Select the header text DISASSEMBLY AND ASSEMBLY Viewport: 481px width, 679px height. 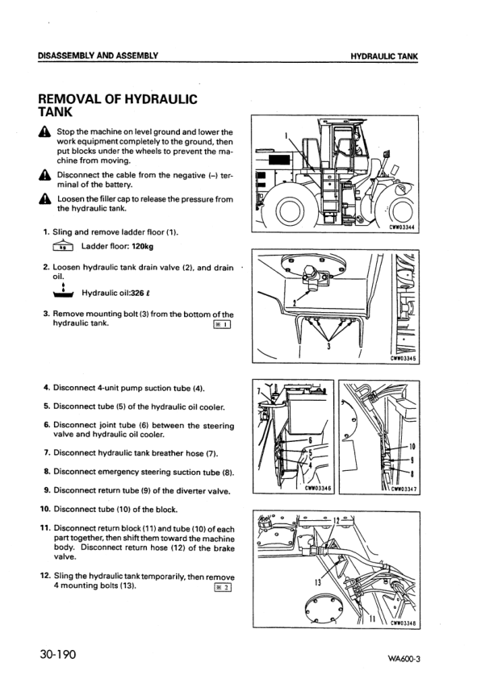point(98,56)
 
